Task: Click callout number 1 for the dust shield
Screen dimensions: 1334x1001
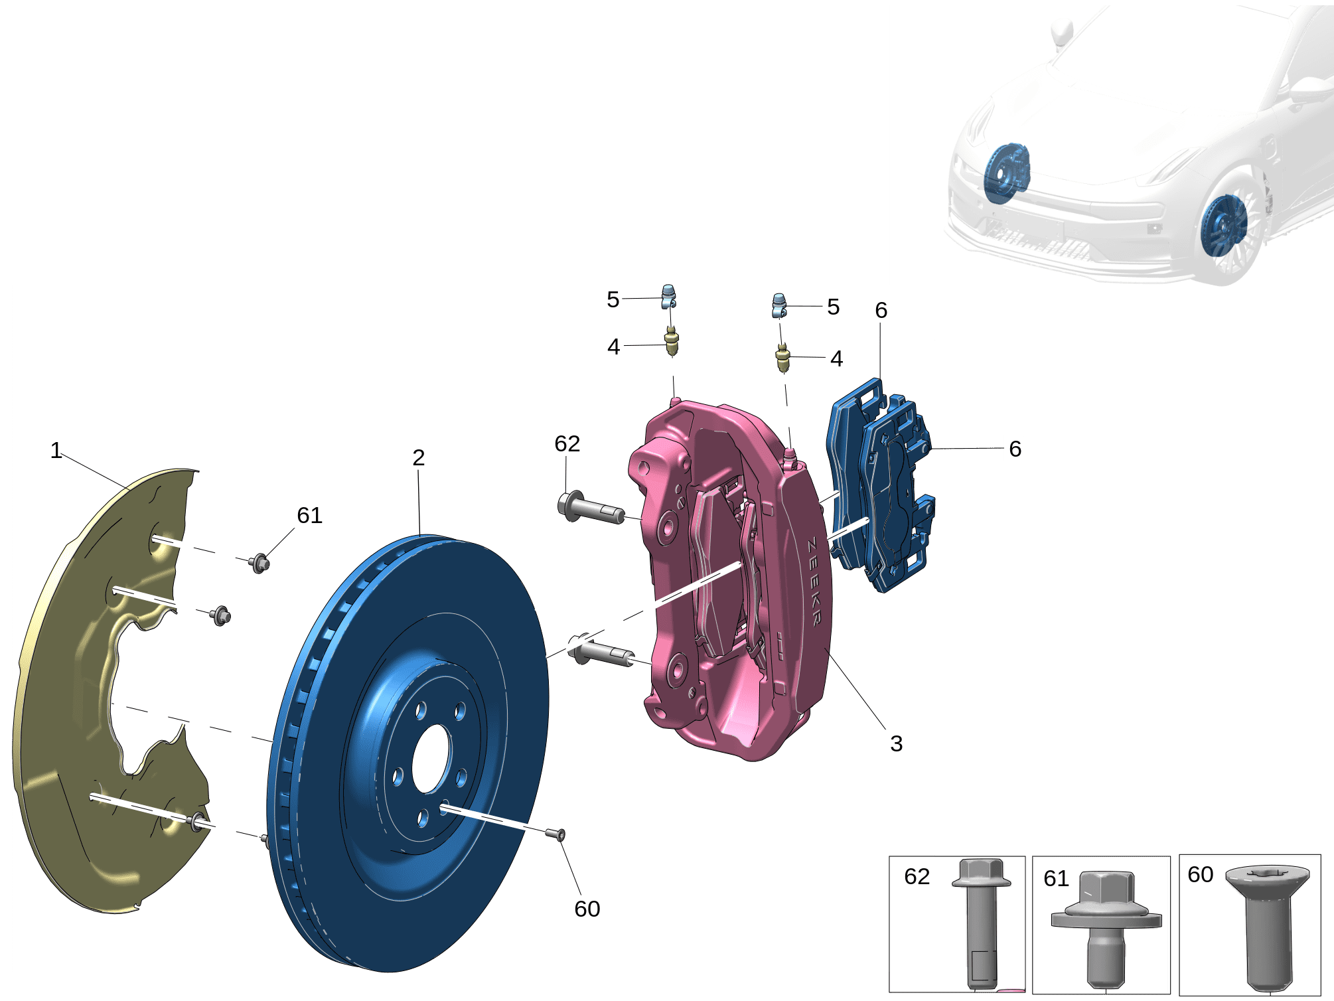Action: [x=56, y=451]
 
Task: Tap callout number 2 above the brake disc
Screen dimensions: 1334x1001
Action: [x=418, y=457]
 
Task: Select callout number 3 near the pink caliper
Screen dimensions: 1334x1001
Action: [x=896, y=743]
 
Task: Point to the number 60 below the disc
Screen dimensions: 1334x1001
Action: [x=587, y=909]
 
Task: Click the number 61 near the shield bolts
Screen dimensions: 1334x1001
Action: [x=309, y=515]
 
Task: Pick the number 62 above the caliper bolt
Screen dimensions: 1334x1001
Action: [x=567, y=443]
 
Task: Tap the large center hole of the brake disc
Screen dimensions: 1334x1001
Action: [x=431, y=758]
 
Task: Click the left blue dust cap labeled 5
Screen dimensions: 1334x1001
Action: [x=670, y=296]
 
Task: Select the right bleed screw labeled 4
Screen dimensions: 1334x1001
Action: [x=783, y=357]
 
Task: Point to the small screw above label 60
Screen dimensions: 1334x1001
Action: [x=556, y=834]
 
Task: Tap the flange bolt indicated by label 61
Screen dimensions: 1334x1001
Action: [x=260, y=564]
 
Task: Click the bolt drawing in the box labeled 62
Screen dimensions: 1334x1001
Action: [x=981, y=923]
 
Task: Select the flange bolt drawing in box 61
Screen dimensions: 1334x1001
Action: [x=1106, y=929]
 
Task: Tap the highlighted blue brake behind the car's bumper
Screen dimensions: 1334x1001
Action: [x=1006, y=173]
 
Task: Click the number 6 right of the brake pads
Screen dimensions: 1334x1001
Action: [x=1015, y=449]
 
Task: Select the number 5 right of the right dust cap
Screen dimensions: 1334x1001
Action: [x=833, y=307]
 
